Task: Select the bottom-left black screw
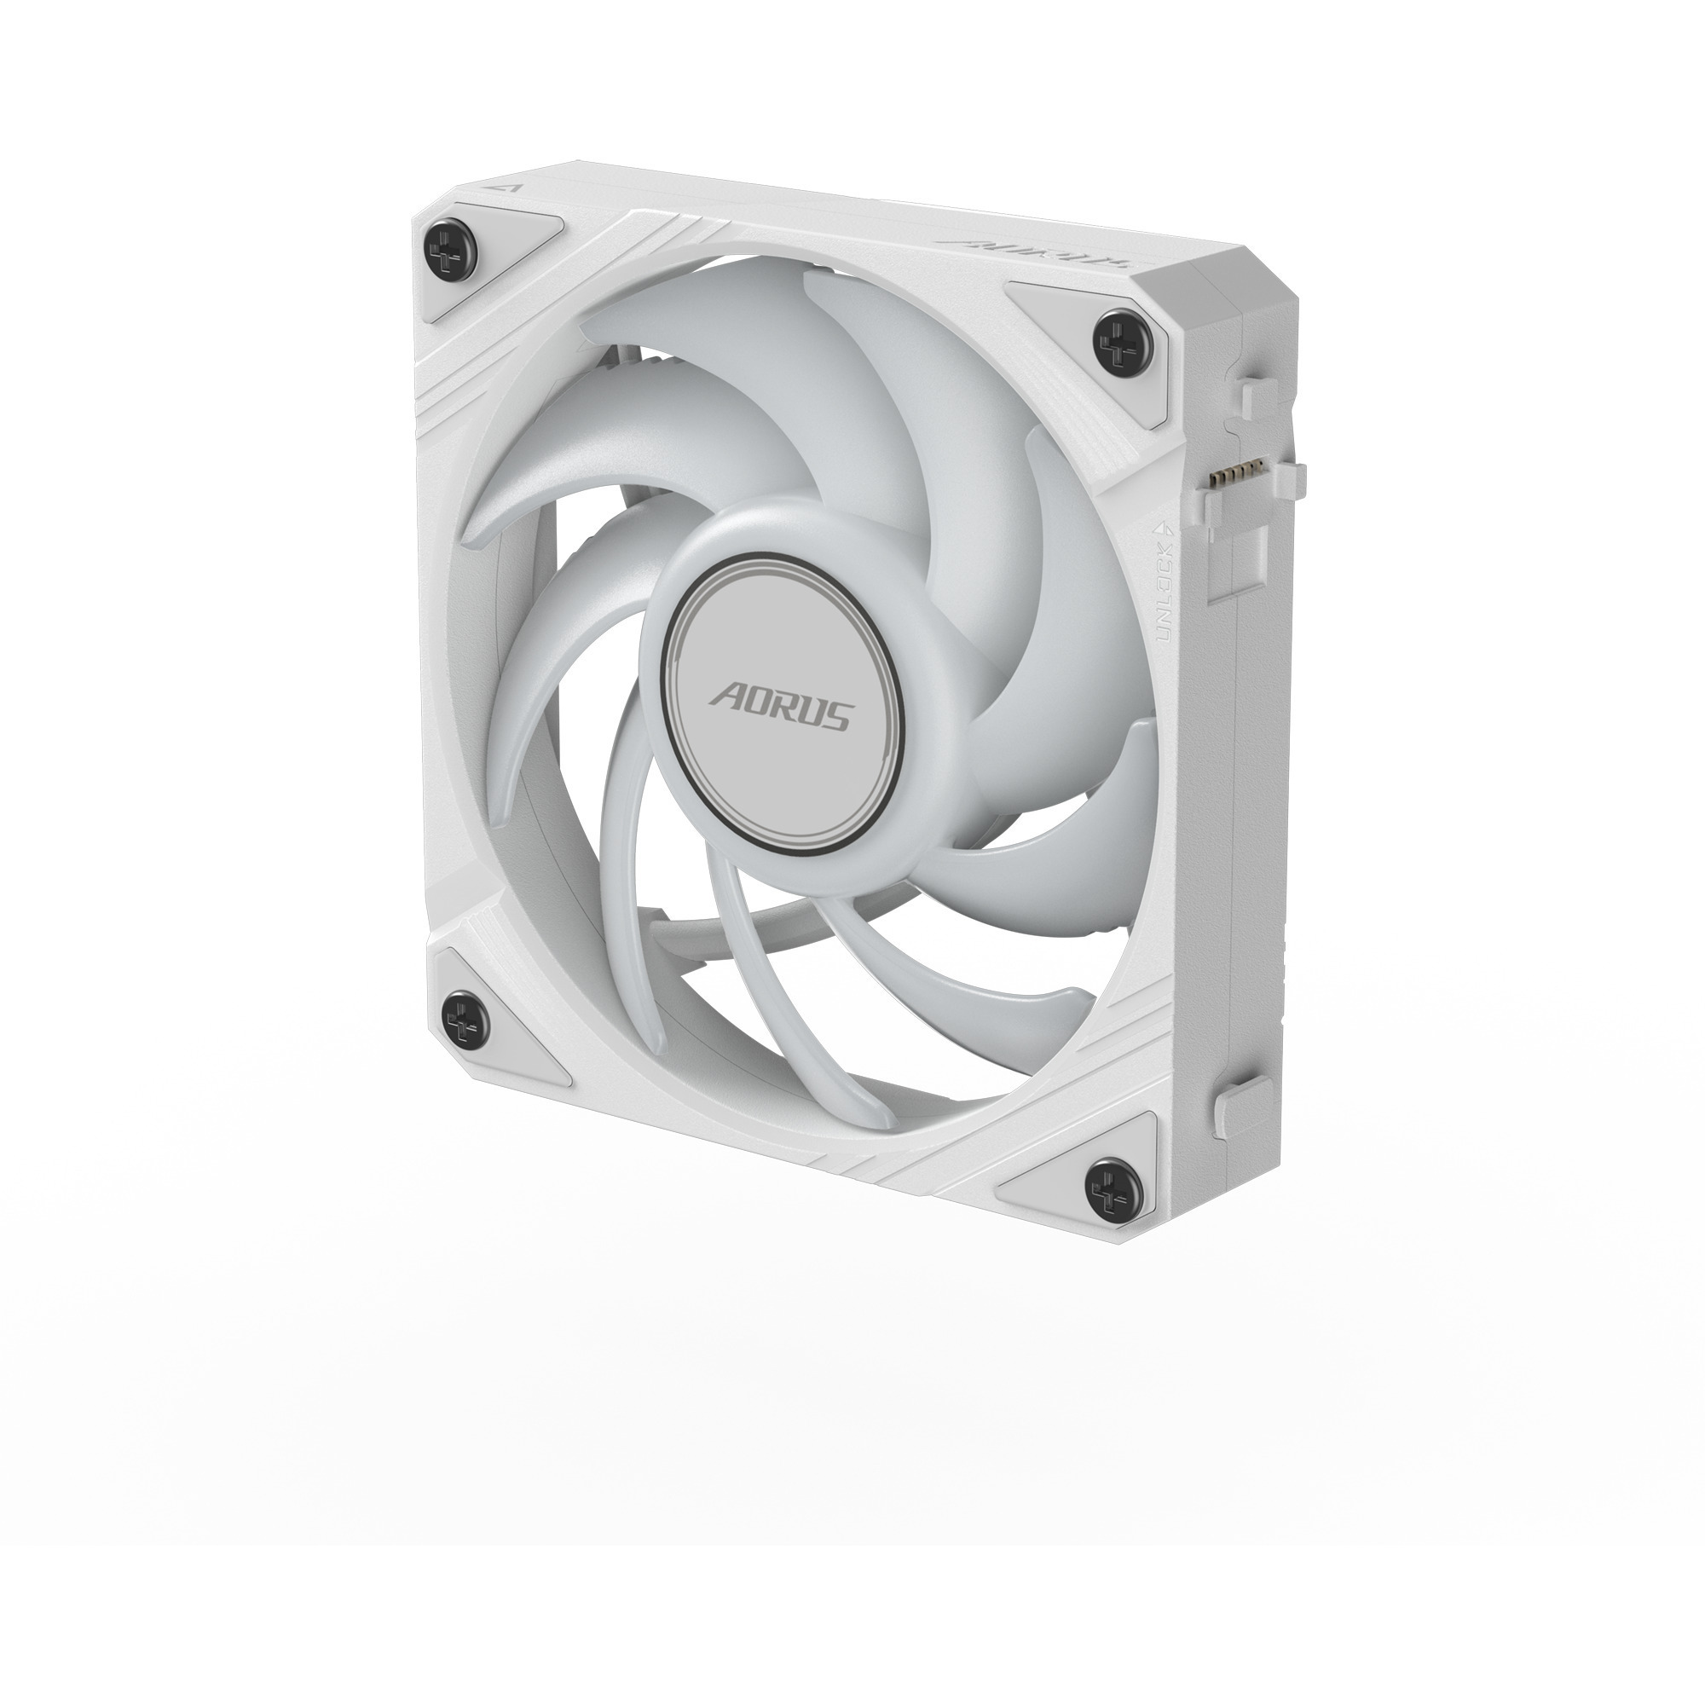click(x=465, y=1024)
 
